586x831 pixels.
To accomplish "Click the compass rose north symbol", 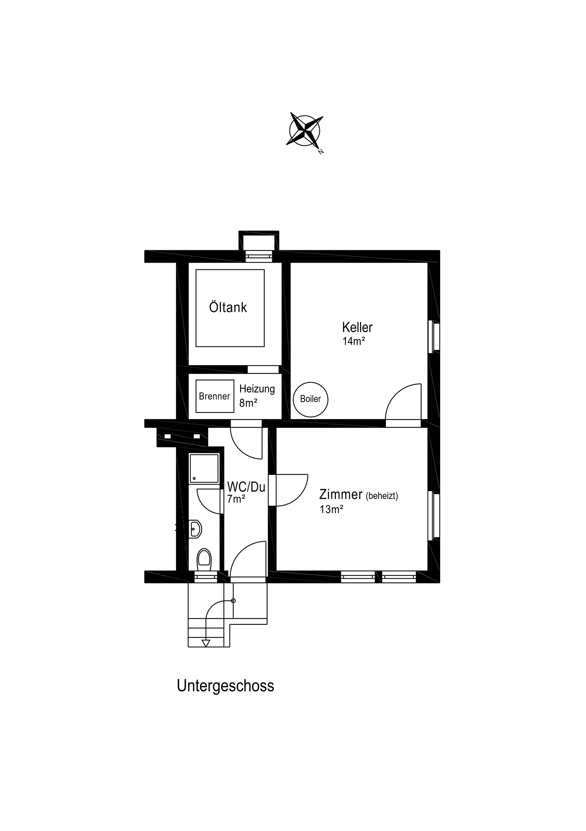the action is pos(305,131).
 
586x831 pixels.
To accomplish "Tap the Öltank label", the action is pos(228,307).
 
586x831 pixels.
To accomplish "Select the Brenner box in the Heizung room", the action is pos(215,396).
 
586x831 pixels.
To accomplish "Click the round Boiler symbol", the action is pos(311,399).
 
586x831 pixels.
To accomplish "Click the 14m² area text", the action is pos(353,341).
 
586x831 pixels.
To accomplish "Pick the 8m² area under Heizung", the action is pos(248,403).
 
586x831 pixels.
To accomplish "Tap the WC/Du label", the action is pos(246,487).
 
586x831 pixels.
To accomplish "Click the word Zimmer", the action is pos(341,494).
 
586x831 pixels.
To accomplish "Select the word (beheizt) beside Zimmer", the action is pos(382,496).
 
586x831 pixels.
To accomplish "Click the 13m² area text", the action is pos(331,509).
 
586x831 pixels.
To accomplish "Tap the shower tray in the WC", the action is pos(204,468).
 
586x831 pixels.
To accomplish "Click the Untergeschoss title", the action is pos(225,686).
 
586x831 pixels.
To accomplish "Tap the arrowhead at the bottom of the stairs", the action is pos(206,643).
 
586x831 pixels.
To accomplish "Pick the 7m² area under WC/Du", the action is pos(236,499).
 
